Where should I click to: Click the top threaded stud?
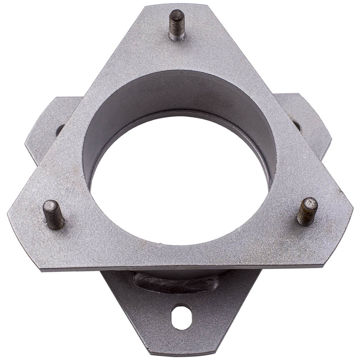tap(177, 24)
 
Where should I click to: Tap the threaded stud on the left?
tap(53, 215)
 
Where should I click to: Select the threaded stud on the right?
tap(307, 211)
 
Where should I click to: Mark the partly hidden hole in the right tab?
tap(297, 125)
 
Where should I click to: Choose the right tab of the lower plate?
tap(310, 122)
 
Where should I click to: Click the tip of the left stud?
tap(50, 205)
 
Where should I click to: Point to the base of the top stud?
tap(177, 37)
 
